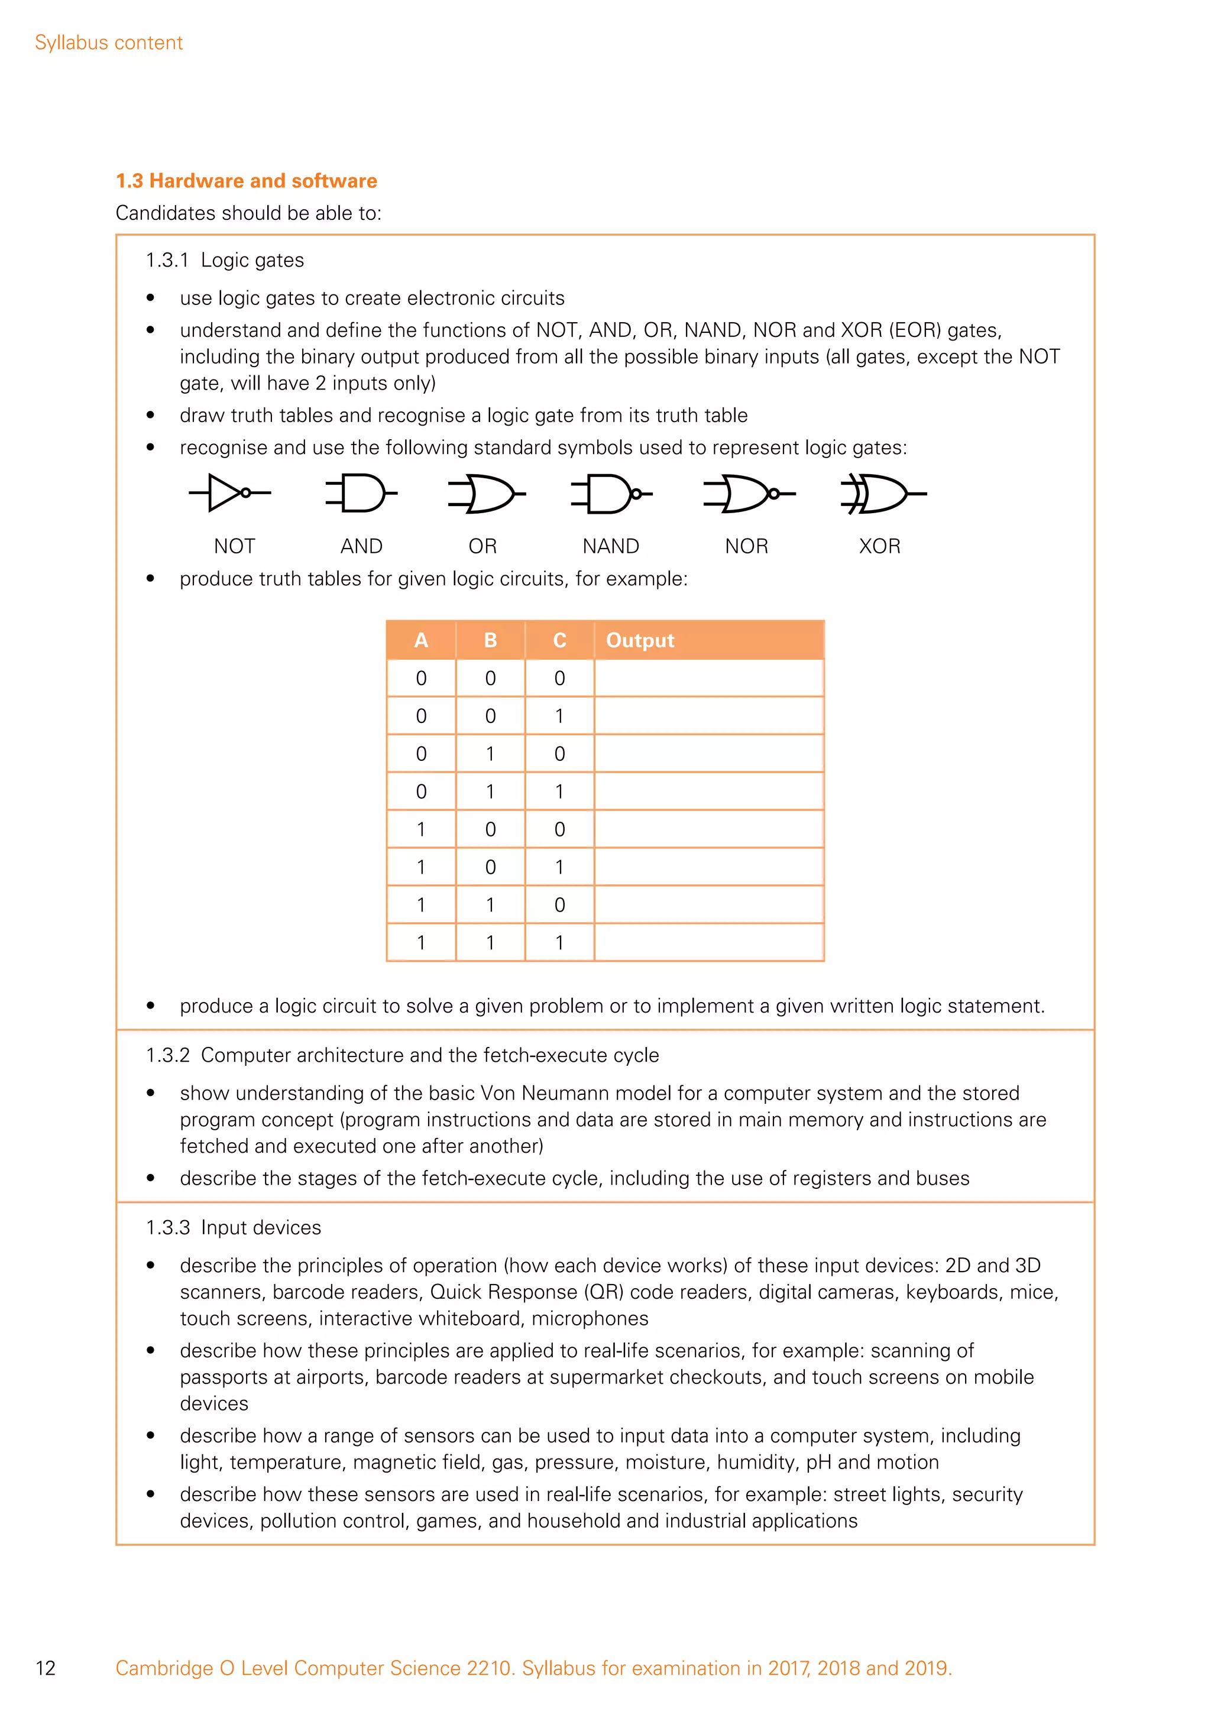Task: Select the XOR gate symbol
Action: pyautogui.click(x=882, y=493)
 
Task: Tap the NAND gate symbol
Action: pyautogui.click(x=611, y=493)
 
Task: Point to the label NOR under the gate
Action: pyautogui.click(x=746, y=547)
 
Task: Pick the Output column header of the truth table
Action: pyautogui.click(x=640, y=640)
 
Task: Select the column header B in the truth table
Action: pyautogui.click(x=490, y=640)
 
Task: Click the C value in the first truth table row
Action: pyautogui.click(x=559, y=679)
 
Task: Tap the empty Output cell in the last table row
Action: pyautogui.click(x=708, y=942)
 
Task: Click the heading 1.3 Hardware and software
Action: pyautogui.click(x=246, y=181)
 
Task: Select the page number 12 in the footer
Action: pyautogui.click(x=46, y=1668)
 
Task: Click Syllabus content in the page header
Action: pyautogui.click(x=109, y=43)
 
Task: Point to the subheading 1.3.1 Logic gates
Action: pyautogui.click(x=225, y=260)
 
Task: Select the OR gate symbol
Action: pyautogui.click(x=483, y=493)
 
